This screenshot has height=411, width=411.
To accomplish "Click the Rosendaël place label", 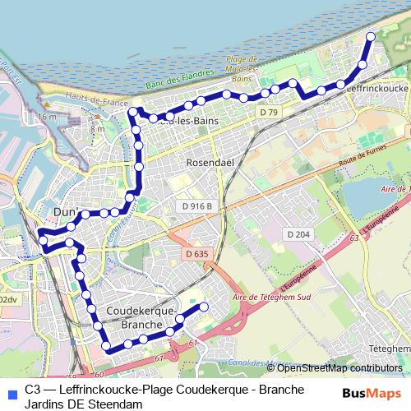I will (x=211, y=162).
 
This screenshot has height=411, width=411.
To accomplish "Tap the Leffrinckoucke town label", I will (x=378, y=87).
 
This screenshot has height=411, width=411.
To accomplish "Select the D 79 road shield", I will (x=268, y=111).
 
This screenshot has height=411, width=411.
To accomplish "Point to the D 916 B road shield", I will (x=198, y=205).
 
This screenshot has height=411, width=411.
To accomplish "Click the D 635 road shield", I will (x=196, y=254).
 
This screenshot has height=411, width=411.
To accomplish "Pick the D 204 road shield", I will (x=298, y=234).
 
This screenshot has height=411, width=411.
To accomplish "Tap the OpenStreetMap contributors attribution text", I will (x=341, y=367).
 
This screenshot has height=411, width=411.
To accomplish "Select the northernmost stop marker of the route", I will (x=370, y=36).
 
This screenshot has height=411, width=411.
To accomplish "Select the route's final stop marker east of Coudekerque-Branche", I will (x=204, y=307).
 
